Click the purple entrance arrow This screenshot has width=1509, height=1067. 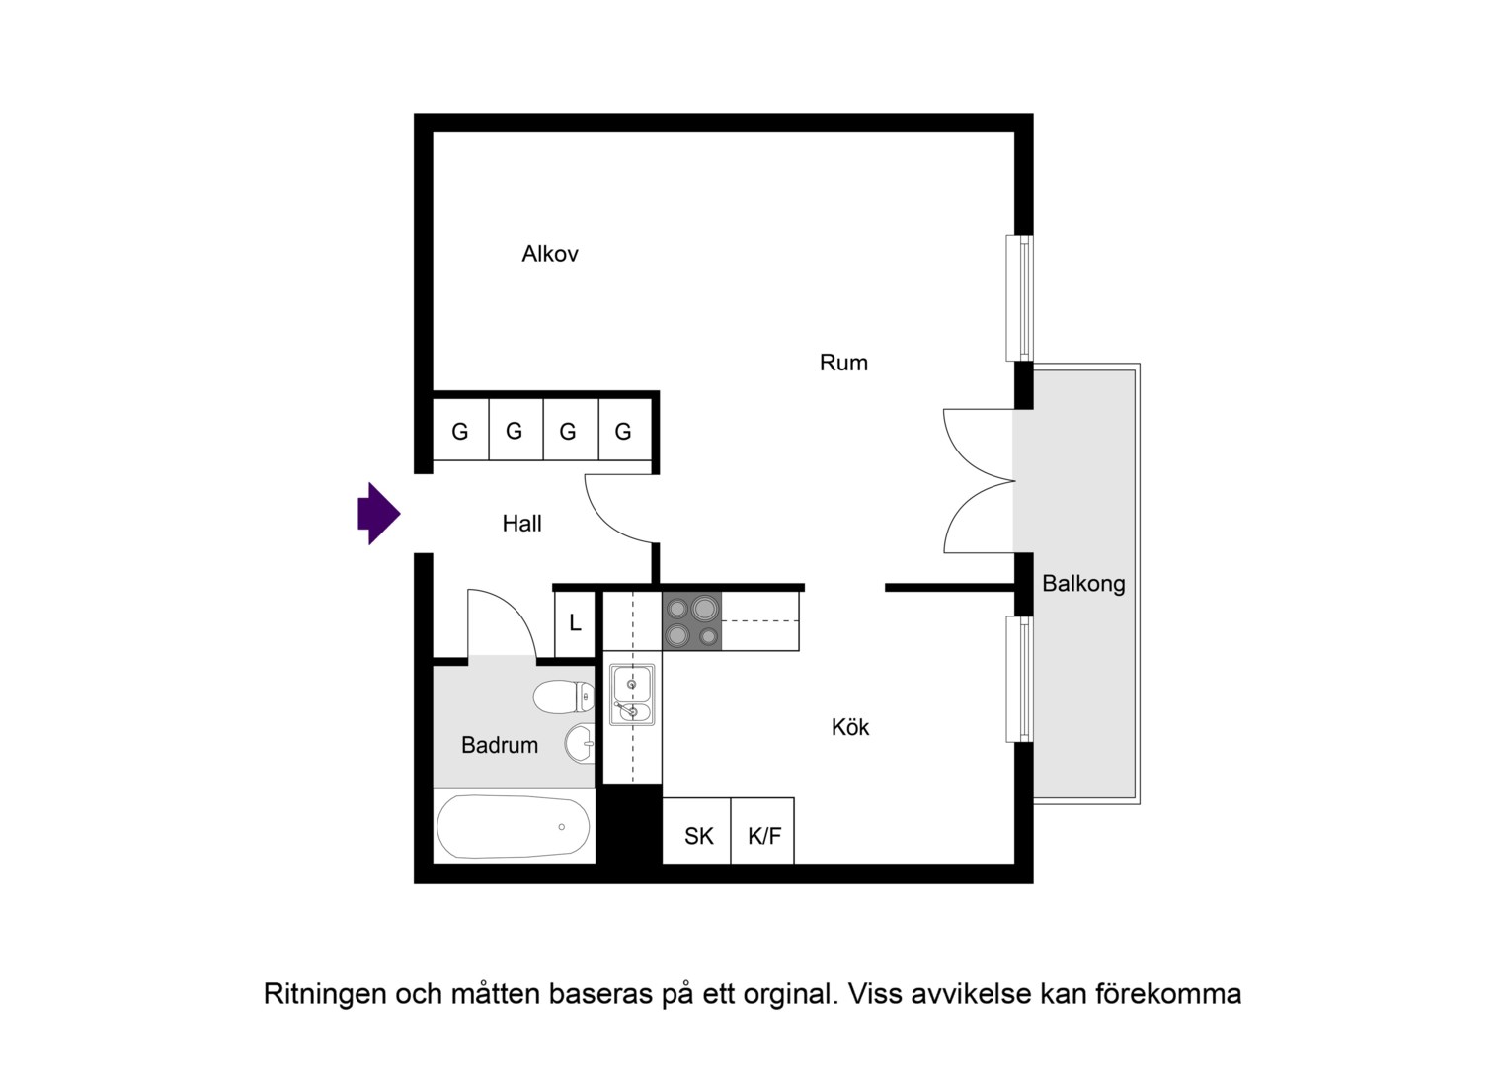(x=378, y=514)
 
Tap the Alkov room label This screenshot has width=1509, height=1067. (x=550, y=254)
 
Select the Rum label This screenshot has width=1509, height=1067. (x=843, y=363)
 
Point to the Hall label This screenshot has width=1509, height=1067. (x=522, y=523)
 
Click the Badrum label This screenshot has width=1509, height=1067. (x=500, y=745)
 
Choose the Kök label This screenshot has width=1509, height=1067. (x=850, y=726)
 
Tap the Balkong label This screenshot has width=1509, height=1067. (x=1083, y=584)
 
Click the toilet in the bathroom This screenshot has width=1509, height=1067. (x=564, y=697)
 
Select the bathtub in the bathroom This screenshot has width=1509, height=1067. (x=514, y=826)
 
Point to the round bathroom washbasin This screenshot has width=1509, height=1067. (x=580, y=743)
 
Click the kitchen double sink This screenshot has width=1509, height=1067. (x=632, y=695)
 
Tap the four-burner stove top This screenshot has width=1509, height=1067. (x=692, y=620)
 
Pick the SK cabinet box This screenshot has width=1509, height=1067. (x=697, y=831)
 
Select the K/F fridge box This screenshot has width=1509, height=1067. (x=762, y=831)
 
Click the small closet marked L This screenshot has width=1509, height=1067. (x=575, y=623)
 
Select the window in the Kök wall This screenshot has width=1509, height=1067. (x=1020, y=680)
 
